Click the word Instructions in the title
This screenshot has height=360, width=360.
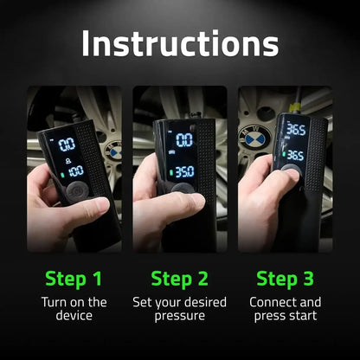(x=180, y=42)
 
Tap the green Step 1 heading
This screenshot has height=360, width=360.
(x=74, y=278)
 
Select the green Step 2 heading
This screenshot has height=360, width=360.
(x=180, y=278)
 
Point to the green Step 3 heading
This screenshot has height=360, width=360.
(x=285, y=278)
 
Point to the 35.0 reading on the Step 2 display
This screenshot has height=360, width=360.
(x=183, y=172)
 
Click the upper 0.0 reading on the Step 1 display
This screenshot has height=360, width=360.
(x=66, y=144)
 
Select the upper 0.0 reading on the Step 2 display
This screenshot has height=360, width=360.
(x=184, y=139)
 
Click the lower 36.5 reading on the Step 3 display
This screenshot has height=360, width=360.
(x=294, y=156)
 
